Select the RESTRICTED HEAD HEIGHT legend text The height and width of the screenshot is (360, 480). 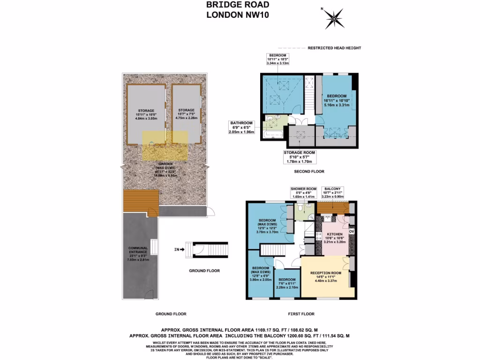click(x=334, y=48)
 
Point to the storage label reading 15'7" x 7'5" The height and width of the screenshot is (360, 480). click(x=186, y=114)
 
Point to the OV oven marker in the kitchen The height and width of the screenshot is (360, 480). click(x=352, y=231)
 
